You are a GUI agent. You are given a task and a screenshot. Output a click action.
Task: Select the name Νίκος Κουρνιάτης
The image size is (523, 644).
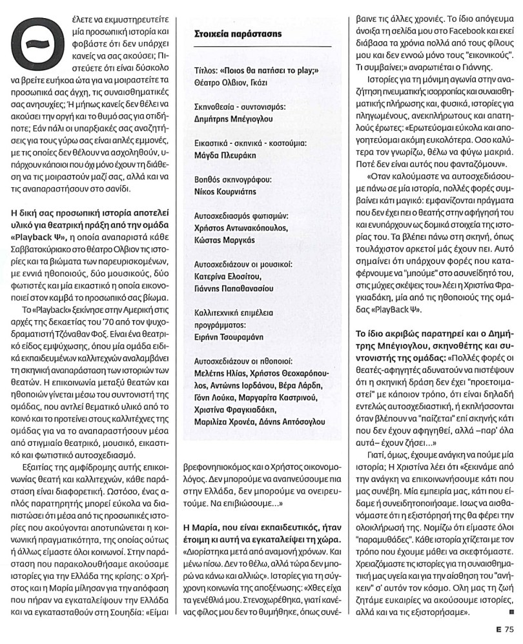(225, 192)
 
